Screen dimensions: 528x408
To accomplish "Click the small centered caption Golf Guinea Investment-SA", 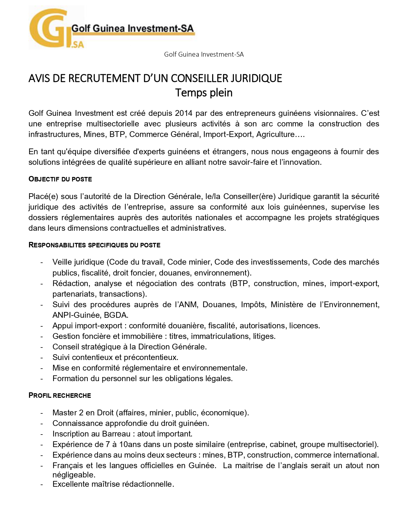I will (204, 54).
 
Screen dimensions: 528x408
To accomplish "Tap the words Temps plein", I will (204, 93).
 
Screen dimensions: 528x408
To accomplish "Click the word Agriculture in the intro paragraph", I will (275, 134).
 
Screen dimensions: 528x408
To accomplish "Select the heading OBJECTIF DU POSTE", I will (60, 179).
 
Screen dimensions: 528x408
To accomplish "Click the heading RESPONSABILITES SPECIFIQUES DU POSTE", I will (94, 245).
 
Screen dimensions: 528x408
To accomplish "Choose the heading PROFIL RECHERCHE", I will (60, 396).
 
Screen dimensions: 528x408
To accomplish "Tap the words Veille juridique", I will (78, 262).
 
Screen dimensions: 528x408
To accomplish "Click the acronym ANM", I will (188, 305).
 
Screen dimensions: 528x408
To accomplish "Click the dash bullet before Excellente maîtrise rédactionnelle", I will (42, 484).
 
